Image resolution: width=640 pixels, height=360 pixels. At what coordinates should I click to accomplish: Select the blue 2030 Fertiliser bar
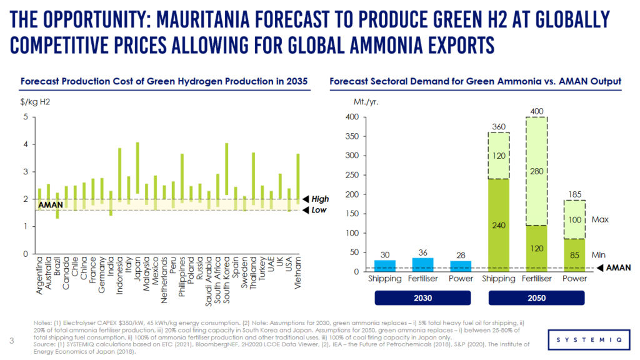pyautogui.click(x=422, y=264)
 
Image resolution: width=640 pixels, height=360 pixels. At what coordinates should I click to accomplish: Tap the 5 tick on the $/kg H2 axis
pyautogui.click(x=25, y=117)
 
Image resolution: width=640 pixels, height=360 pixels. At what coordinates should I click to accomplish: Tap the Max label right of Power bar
pyautogui.click(x=600, y=220)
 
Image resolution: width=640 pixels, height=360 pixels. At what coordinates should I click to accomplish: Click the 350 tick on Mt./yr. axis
pyautogui.click(x=352, y=136)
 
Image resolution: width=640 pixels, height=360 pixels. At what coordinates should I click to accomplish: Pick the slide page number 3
pyautogui.click(x=12, y=341)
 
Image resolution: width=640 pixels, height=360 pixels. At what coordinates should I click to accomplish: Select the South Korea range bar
pyautogui.click(x=226, y=169)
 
